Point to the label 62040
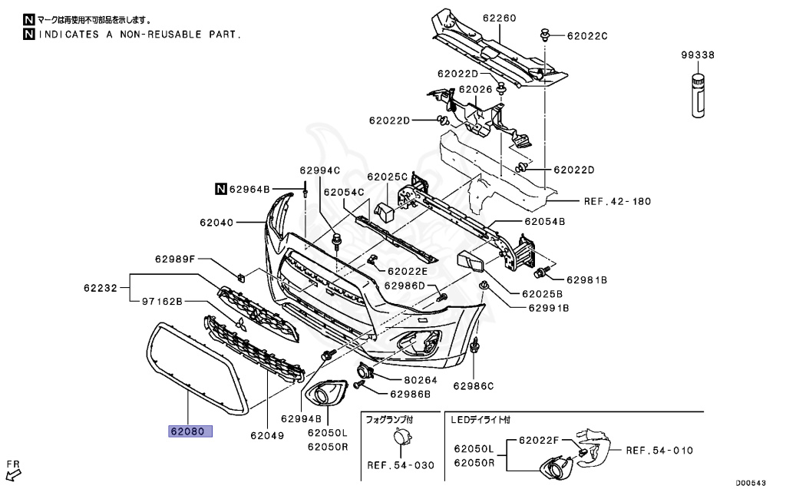(216, 223)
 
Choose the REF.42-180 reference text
(616, 202)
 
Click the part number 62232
(101, 289)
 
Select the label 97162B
(161, 302)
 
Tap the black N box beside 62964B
(220, 188)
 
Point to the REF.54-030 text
(400, 465)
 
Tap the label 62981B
(587, 280)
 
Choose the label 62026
(475, 90)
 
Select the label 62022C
(587, 35)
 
